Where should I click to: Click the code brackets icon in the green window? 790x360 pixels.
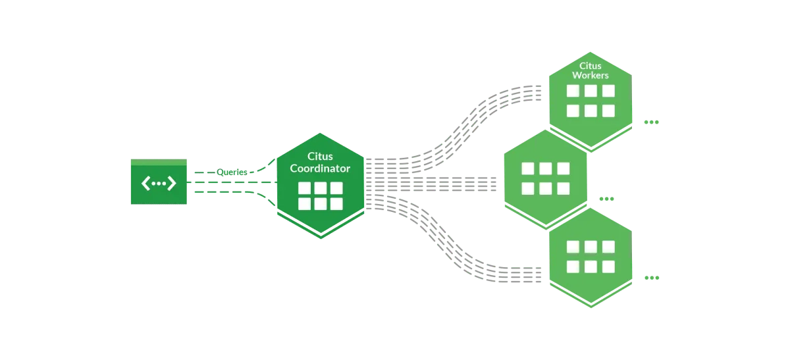click(x=159, y=184)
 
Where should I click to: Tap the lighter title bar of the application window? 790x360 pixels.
click(x=159, y=162)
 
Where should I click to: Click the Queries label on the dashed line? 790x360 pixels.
click(x=232, y=172)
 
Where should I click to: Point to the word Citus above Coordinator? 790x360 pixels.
click(x=321, y=156)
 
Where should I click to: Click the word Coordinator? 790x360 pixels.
click(x=321, y=168)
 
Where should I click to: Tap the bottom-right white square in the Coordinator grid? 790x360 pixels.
click(x=336, y=203)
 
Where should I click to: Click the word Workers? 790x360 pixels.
click(x=591, y=75)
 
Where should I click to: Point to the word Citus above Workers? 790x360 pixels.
click(x=591, y=66)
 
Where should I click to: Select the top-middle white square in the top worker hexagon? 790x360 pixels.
click(x=591, y=93)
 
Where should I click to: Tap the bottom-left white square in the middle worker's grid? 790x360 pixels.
click(x=528, y=188)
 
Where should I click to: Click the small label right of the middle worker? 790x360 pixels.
click(x=604, y=199)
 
